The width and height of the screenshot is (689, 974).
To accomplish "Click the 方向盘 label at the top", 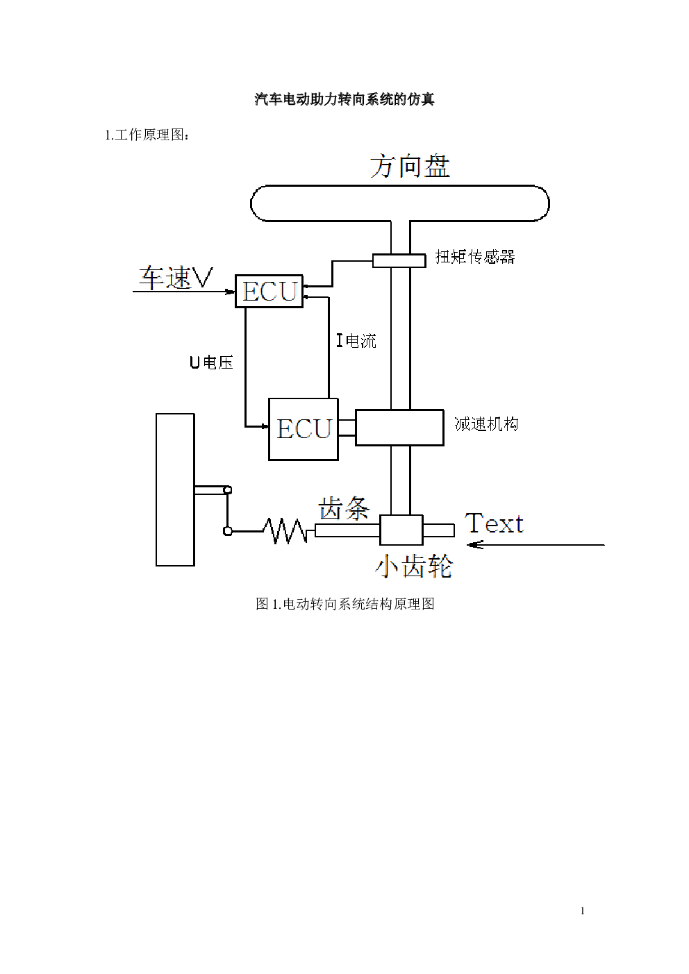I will pyautogui.click(x=409, y=167).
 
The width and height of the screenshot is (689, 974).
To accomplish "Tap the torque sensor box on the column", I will pyautogui.click(x=399, y=260).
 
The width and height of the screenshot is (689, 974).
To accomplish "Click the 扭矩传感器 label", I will pyautogui.click(x=475, y=257).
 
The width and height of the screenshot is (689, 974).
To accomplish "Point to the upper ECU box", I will pyautogui.click(x=269, y=291).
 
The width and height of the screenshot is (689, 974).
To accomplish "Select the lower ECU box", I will pyautogui.click(x=304, y=429).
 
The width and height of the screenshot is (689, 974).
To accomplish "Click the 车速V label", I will pyautogui.click(x=175, y=278).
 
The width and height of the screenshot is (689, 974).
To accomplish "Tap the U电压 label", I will pyautogui.click(x=211, y=362).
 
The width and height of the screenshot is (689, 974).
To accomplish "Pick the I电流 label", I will pyautogui.click(x=356, y=340).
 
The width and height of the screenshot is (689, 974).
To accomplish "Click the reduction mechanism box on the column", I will pyautogui.click(x=399, y=427).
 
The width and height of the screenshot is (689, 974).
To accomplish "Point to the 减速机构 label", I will pyautogui.click(x=486, y=424).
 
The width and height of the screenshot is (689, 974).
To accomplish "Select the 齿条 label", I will pyautogui.click(x=344, y=509).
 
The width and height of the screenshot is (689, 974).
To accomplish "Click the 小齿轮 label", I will pyautogui.click(x=414, y=566).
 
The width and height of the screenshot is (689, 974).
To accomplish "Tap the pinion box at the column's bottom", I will pyautogui.click(x=401, y=530).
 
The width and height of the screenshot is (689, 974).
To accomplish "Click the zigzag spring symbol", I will pyautogui.click(x=285, y=531).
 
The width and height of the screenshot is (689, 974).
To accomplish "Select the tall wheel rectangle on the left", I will pyautogui.click(x=175, y=489).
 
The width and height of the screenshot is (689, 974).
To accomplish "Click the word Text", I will pyautogui.click(x=494, y=523).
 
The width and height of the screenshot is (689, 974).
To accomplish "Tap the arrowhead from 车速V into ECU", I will pyautogui.click(x=231, y=292).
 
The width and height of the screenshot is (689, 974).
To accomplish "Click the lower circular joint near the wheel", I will pyautogui.click(x=227, y=531).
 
